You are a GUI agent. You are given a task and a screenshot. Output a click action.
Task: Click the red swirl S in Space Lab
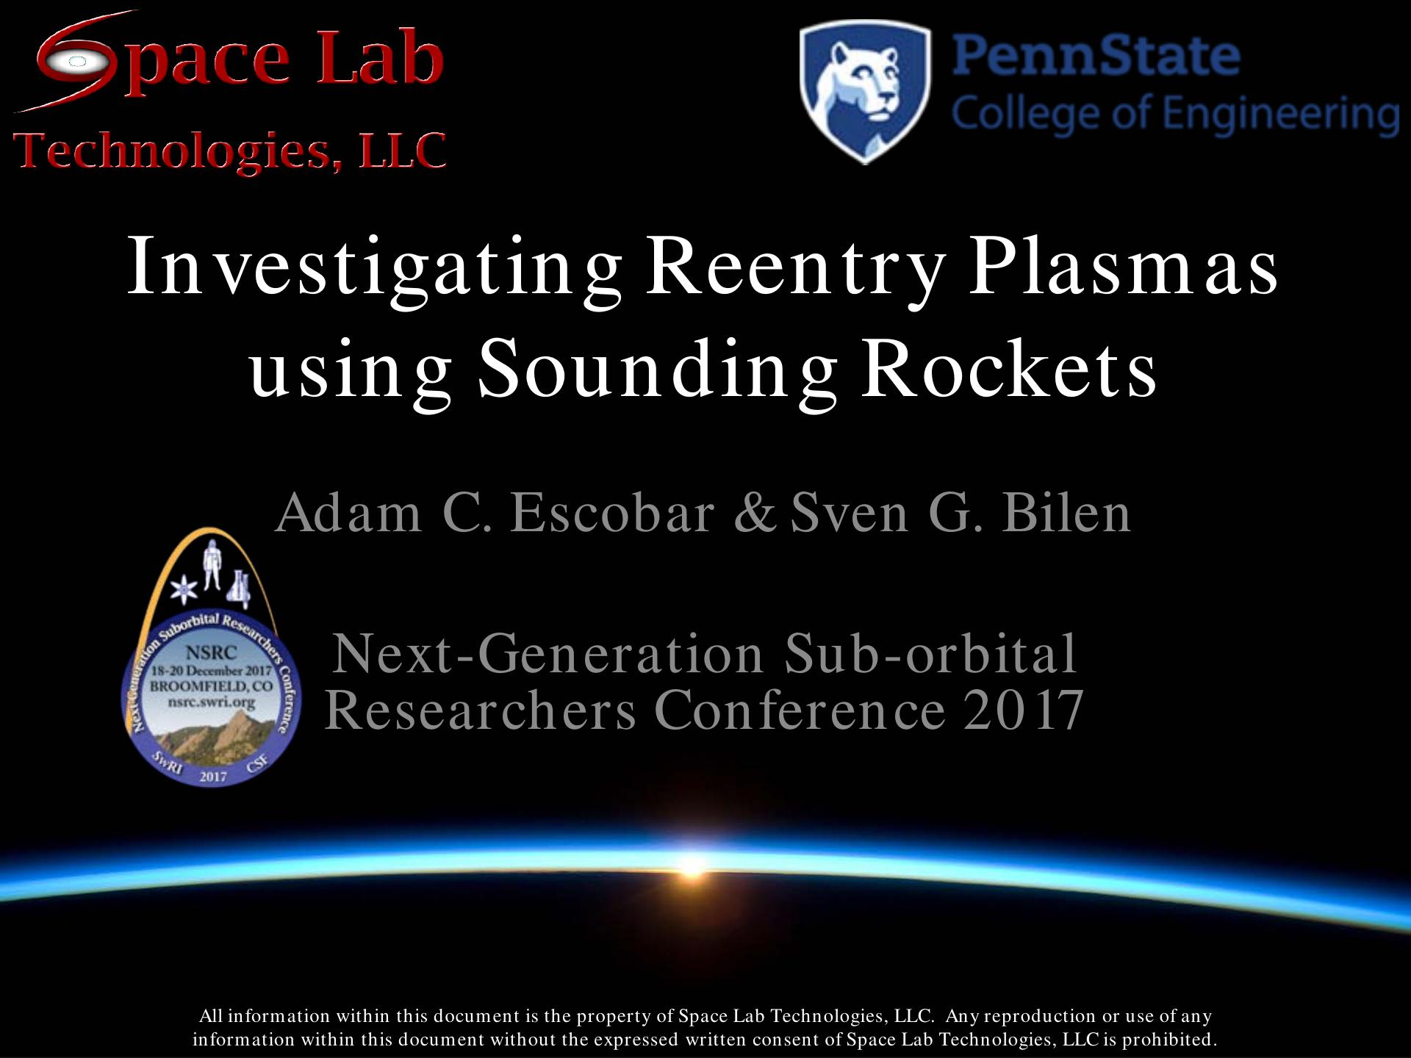[x=77, y=60]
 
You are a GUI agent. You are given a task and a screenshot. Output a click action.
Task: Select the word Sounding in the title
[x=658, y=369]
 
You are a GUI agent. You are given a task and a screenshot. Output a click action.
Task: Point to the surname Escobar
[x=612, y=512]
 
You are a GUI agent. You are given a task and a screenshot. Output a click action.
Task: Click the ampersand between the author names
[x=755, y=512]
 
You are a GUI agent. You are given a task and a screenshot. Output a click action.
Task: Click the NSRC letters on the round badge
[x=211, y=652]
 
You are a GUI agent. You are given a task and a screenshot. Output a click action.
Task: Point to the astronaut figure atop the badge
[x=212, y=564]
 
